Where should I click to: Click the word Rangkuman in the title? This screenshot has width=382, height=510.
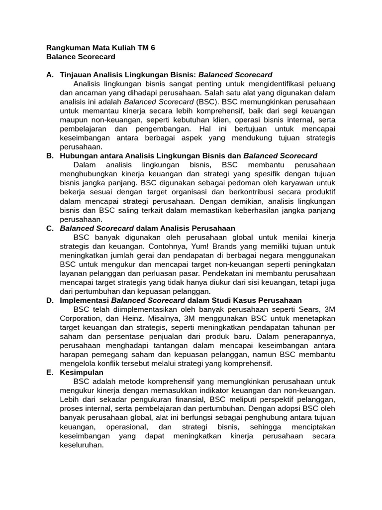coord(66,48)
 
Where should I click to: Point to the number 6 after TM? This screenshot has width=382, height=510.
coord(153,48)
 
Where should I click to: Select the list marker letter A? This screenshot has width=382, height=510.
coord(49,75)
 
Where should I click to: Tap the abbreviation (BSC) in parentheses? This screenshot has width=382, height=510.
coord(207,102)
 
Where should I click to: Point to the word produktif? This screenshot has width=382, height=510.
coord(319,192)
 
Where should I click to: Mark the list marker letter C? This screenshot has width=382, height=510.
coord(49,228)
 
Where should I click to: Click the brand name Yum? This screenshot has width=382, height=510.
coord(198,246)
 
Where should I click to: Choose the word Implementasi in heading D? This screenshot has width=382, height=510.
coord(84,300)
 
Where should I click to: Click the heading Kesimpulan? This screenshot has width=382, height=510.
coord(82,373)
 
